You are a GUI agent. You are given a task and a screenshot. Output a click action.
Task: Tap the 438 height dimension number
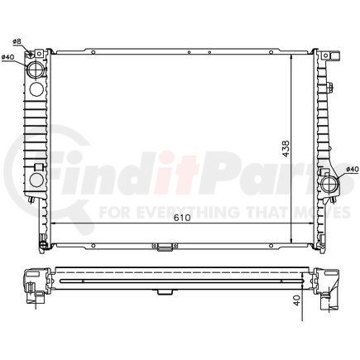286,147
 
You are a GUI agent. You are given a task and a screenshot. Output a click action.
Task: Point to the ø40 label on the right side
352,170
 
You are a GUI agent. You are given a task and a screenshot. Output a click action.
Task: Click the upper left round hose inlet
37,70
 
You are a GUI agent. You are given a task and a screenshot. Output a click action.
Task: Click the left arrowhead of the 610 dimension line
55,224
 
